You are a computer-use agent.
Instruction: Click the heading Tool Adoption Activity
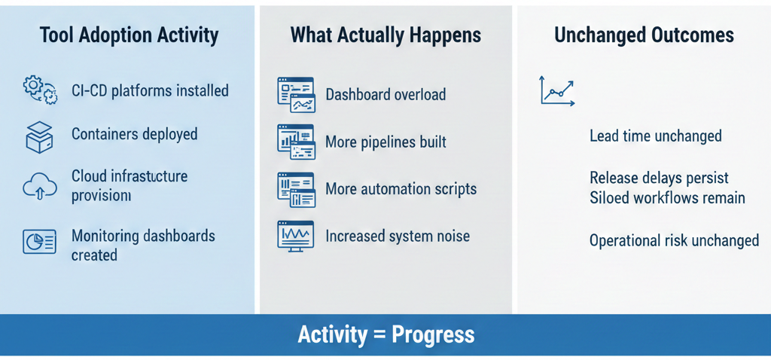[x=129, y=35]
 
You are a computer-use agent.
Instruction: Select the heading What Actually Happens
[x=385, y=35]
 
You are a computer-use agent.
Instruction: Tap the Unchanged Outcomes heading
[x=644, y=35]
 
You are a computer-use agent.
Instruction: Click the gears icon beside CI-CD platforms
[x=40, y=90]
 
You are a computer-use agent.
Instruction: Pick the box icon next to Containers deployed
[x=39, y=136]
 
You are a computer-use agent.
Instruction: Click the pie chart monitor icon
[x=39, y=241]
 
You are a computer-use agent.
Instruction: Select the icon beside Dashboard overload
[x=295, y=95]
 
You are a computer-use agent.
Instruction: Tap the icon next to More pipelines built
[x=295, y=142]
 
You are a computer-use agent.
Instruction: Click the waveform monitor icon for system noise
[x=295, y=236]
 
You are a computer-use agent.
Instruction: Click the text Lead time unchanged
[x=655, y=136]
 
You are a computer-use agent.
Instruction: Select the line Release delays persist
[x=659, y=178]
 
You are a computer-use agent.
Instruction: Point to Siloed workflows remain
[x=667, y=198]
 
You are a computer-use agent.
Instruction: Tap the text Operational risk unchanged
[x=674, y=241]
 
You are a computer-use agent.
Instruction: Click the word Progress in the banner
[x=432, y=334]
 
